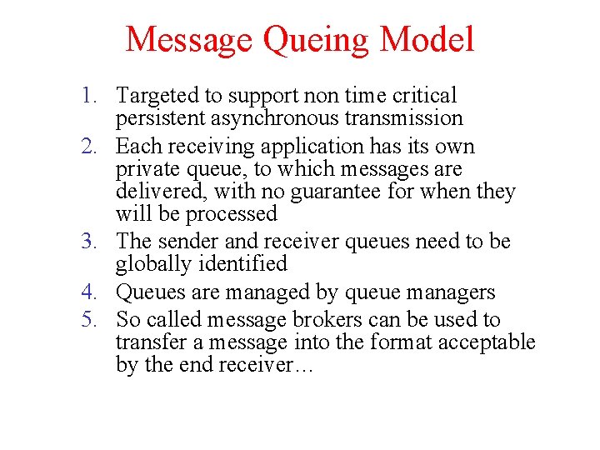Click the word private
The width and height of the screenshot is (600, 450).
click(x=145, y=170)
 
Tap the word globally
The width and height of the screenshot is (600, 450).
click(x=151, y=264)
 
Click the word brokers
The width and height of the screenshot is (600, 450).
click(x=322, y=320)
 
